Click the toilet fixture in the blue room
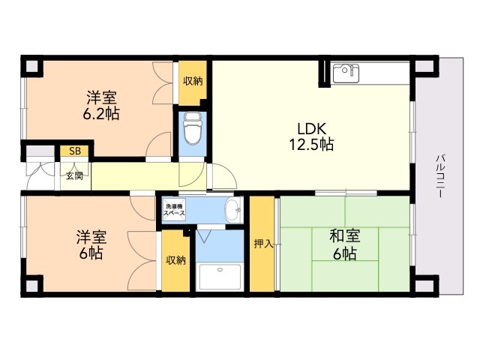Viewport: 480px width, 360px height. tap(193, 128)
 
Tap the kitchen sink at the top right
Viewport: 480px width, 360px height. tap(346, 73)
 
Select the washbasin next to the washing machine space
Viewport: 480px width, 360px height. tap(233, 210)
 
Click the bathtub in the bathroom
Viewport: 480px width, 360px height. tap(220, 277)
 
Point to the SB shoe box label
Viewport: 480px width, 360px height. tap(75, 151)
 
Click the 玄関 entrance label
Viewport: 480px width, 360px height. tap(75, 176)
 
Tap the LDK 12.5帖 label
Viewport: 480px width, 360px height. tap(312, 136)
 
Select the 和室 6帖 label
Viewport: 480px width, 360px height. tap(345, 244)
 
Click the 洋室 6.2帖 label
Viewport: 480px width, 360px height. tap(101, 105)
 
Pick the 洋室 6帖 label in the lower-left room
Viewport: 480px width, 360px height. tap(91, 244)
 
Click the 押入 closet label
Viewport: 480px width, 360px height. tap(262, 244)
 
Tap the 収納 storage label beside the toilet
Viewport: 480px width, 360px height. tap(193, 81)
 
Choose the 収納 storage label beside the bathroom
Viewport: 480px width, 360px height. tap(175, 260)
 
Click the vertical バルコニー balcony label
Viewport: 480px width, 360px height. tap(440, 176)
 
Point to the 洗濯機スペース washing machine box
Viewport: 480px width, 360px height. tap(174, 209)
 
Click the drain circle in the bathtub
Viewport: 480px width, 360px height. tap(220, 270)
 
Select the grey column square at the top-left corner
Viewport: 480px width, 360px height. tap(31, 66)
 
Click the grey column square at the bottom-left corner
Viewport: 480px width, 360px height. tap(31, 286)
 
